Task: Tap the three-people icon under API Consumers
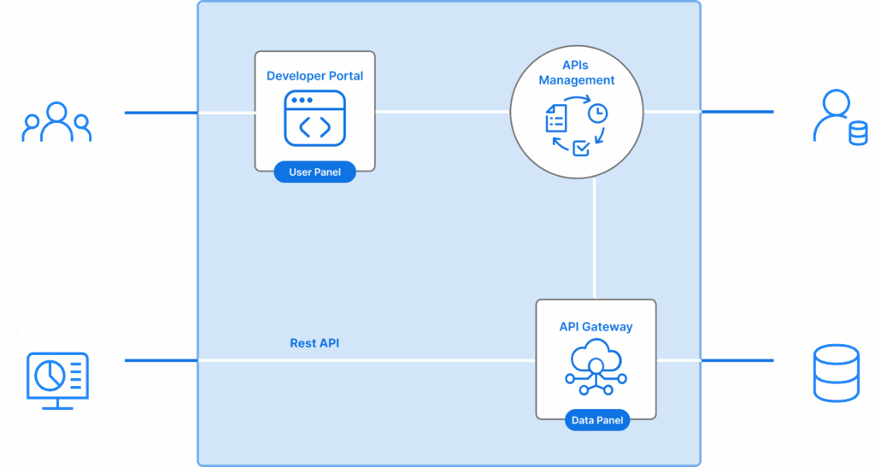(x=56, y=122)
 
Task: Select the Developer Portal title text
(x=314, y=76)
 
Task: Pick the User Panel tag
(x=314, y=172)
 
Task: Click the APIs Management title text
(x=576, y=73)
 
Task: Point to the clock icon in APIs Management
(x=598, y=113)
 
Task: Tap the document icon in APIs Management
(x=556, y=118)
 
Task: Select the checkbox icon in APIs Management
(x=580, y=148)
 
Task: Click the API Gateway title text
(x=596, y=326)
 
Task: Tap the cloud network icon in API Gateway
(x=596, y=365)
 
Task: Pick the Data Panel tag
(x=596, y=420)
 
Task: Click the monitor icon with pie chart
(x=57, y=377)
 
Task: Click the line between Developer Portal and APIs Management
(x=443, y=111)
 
